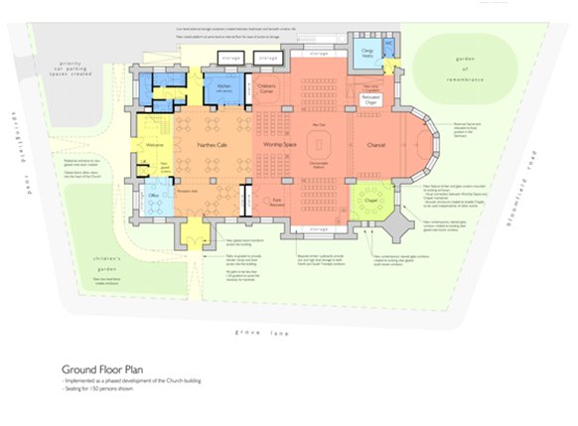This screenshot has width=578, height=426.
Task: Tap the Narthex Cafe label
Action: pos(202,145)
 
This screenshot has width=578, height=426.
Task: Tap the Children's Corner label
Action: pos(266,88)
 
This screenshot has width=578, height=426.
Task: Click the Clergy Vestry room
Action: pos(365,55)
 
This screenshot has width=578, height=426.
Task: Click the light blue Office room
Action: pos(154,196)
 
